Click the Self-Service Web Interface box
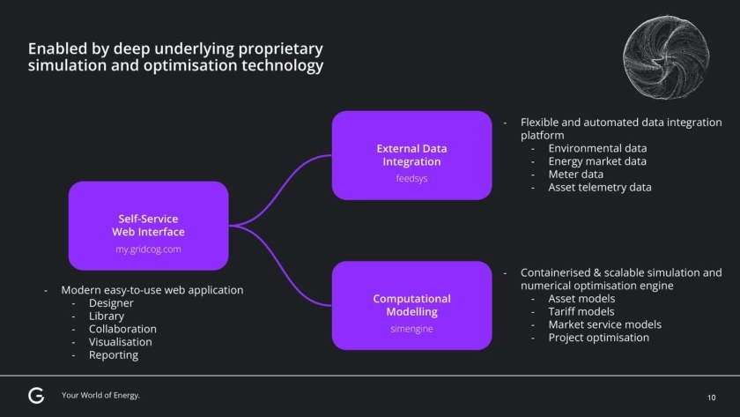(148, 226)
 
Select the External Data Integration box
(411, 155)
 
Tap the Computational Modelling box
(411, 305)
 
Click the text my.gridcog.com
(148, 249)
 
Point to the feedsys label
(411, 178)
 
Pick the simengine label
(411, 329)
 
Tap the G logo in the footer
(36, 395)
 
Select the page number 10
(712, 398)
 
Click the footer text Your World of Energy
(100, 395)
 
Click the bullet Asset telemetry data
(599, 187)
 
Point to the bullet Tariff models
(581, 311)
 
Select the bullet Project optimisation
(598, 337)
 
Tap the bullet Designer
(111, 303)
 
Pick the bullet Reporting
(114, 354)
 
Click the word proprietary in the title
(274, 48)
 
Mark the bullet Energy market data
(596, 161)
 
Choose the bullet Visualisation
(120, 342)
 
